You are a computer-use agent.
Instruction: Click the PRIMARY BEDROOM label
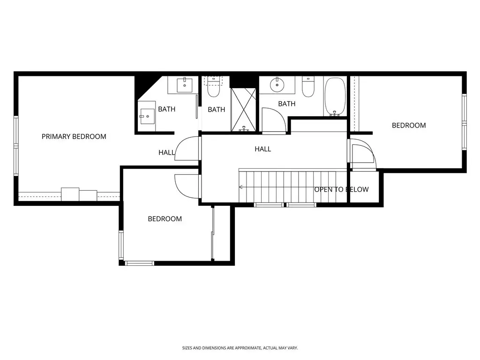[74, 136]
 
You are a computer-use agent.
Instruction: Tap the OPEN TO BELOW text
[341, 189]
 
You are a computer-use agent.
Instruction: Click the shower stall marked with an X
[243, 110]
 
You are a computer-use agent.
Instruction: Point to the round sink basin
[277, 85]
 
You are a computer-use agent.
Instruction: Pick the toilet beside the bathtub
[308, 87]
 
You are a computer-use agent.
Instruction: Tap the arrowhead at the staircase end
[241, 187]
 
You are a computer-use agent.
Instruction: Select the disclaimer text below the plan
[240, 348]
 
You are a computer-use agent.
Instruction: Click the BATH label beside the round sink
[287, 104]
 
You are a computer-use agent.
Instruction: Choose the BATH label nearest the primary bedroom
[166, 109]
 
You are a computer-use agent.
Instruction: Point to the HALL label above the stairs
[262, 149]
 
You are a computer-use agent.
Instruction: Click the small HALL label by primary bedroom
[166, 152]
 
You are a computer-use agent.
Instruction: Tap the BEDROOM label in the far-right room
[409, 125]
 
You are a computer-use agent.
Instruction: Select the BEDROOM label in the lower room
[165, 219]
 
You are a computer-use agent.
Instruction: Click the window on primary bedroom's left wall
[16, 146]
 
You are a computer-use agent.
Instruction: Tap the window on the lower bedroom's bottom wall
[140, 263]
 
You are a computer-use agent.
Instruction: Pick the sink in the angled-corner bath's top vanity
[184, 85]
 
